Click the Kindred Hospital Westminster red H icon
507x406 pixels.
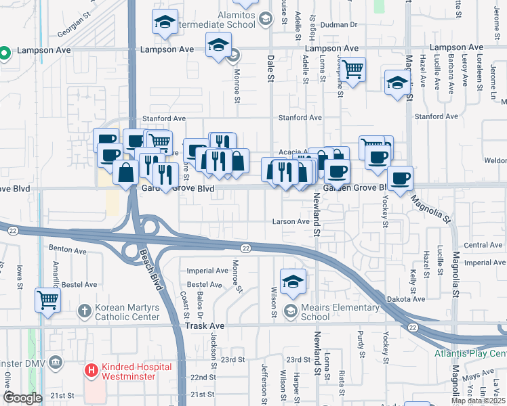pyautogui.click(x=90, y=370)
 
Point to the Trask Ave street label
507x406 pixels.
pyautogui.click(x=205, y=325)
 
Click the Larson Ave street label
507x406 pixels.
pyautogui.click(x=290, y=221)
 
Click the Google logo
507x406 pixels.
pyautogui.click(x=22, y=398)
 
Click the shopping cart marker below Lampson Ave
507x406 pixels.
pyautogui.click(x=352, y=68)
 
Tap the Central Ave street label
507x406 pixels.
pyautogui.click(x=483, y=245)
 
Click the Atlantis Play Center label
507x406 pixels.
pyautogui.click(x=471, y=354)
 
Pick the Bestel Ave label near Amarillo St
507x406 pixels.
pyautogui.click(x=77, y=285)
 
